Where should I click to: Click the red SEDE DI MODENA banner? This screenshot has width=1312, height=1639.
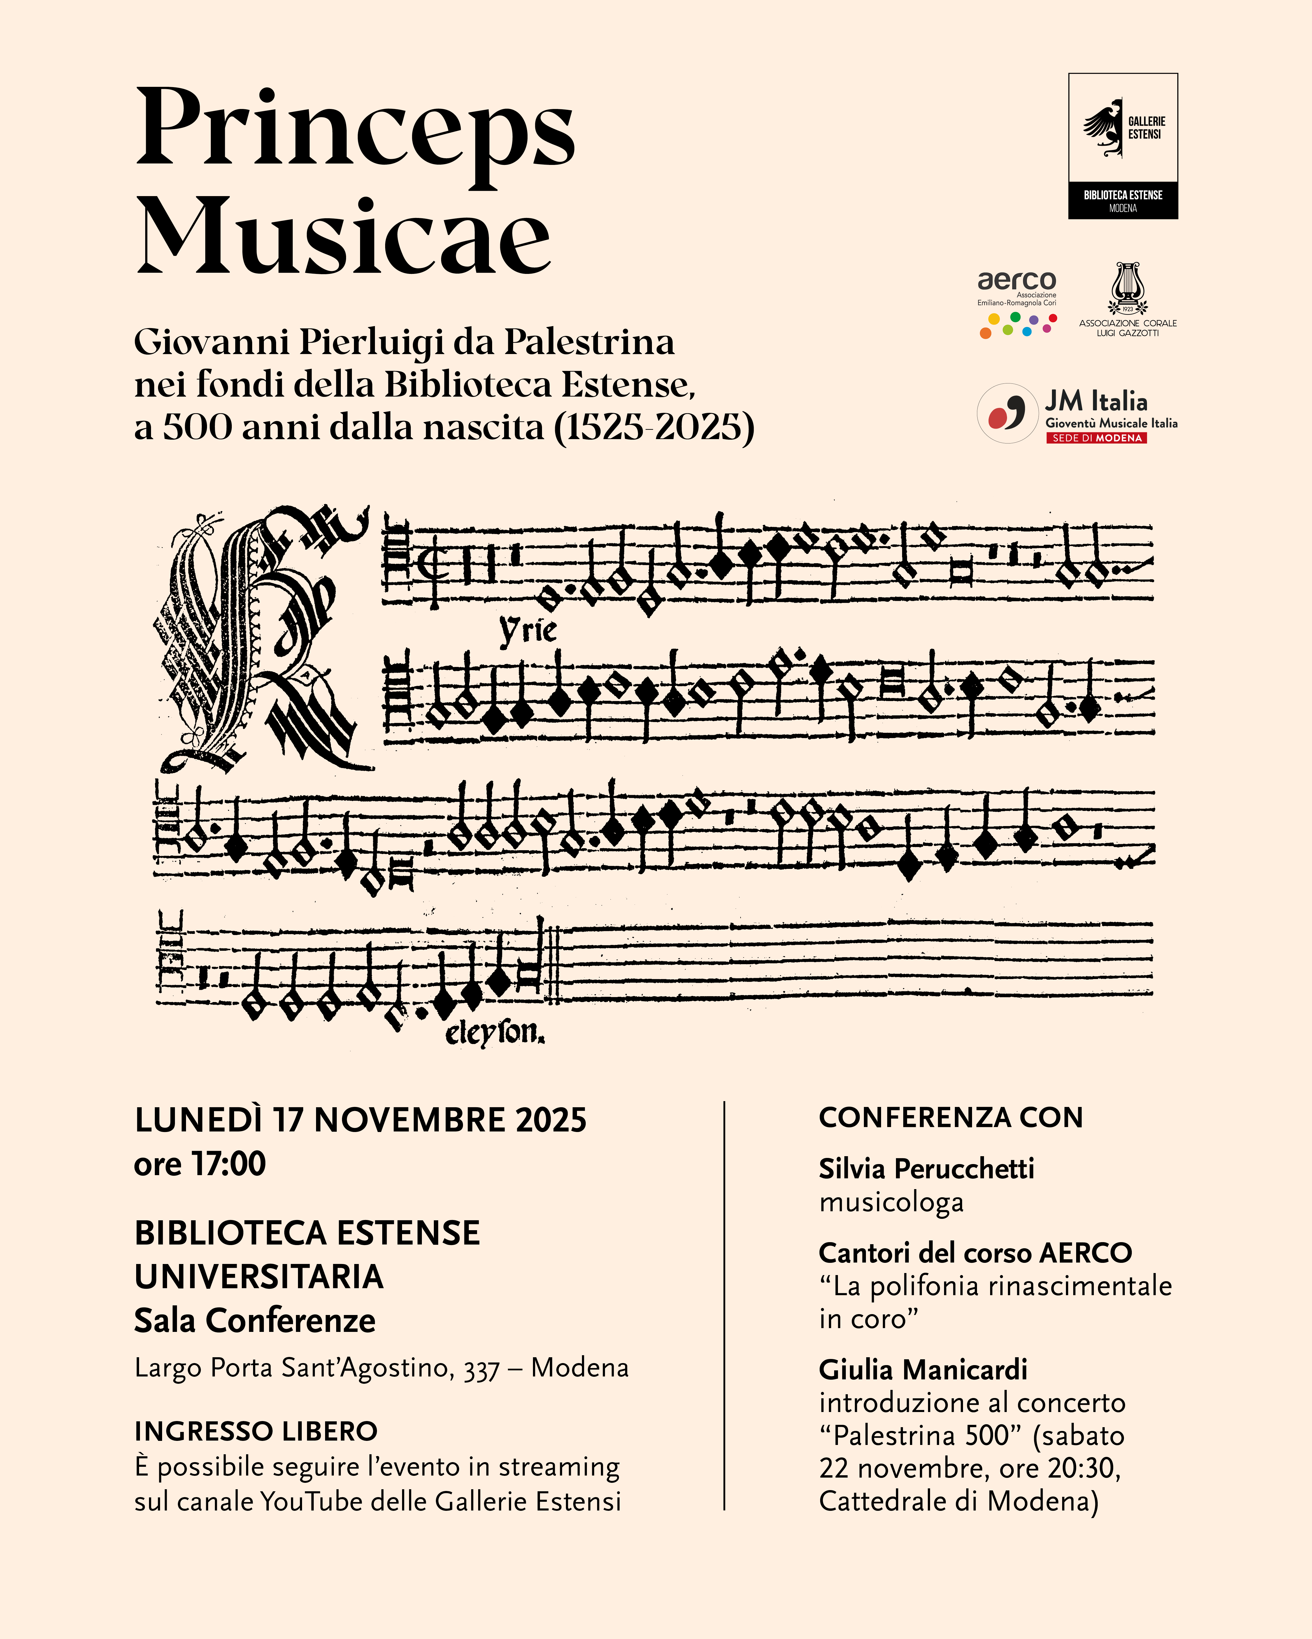[x=1096, y=438]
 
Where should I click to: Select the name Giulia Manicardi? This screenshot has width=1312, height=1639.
[x=922, y=1369]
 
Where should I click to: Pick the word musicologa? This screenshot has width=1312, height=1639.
[x=891, y=1203]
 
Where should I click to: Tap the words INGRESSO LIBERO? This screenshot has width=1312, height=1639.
[x=256, y=1432]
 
